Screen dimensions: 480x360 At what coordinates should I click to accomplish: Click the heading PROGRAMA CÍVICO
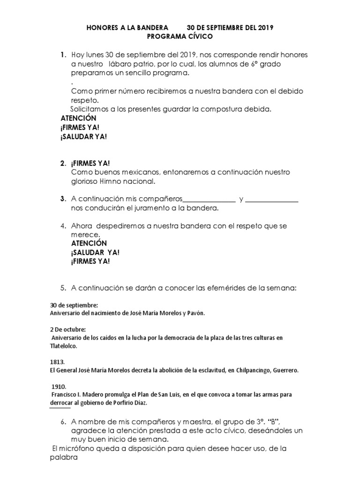180,36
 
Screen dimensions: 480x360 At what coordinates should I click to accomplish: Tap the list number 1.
62,55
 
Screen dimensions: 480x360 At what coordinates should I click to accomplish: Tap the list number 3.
62,199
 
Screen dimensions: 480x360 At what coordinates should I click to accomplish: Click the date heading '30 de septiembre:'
74,305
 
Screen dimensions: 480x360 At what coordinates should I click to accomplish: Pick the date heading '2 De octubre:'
67,329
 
